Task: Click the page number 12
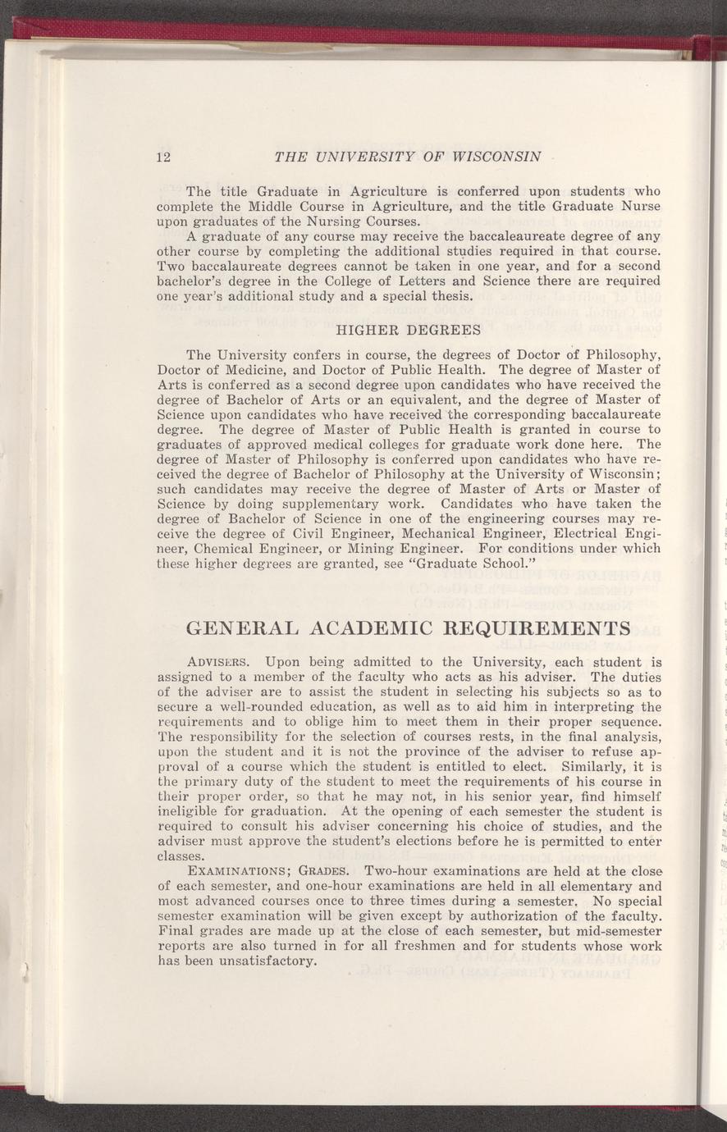coord(162,157)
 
